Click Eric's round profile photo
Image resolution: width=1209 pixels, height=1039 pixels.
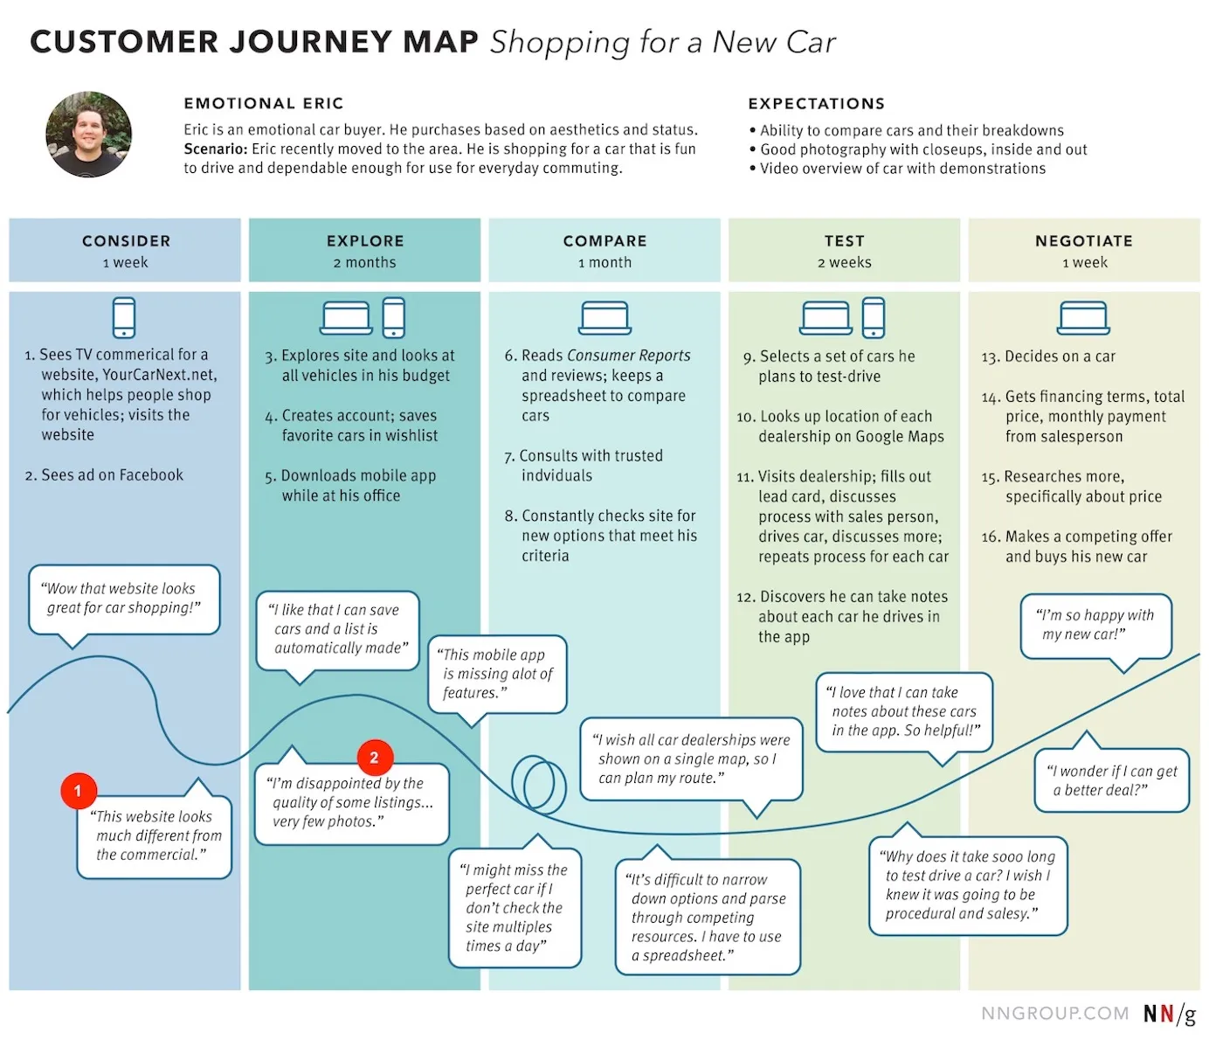pos(89,135)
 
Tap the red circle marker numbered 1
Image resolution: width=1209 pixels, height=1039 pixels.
pos(78,791)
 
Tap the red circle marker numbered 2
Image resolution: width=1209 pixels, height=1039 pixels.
pos(375,758)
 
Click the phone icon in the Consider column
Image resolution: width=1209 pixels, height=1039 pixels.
pos(124,317)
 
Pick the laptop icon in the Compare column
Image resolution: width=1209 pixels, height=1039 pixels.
pos(604,318)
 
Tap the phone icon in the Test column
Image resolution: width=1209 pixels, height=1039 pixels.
pos(874,317)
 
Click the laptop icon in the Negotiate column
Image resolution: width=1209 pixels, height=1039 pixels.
pos(1083,318)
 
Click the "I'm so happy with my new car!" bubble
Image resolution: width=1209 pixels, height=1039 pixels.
pos(1095,626)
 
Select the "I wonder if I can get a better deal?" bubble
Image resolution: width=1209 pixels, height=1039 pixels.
pos(1111,780)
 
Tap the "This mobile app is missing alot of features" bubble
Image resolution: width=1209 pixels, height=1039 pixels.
pos(497,674)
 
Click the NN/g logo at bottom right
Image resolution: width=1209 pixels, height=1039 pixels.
pos(1169,1014)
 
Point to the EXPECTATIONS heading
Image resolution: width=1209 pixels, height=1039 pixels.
pos(816,104)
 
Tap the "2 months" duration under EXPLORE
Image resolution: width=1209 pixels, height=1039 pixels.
pos(364,263)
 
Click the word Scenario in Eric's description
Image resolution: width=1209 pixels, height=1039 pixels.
pos(215,149)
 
